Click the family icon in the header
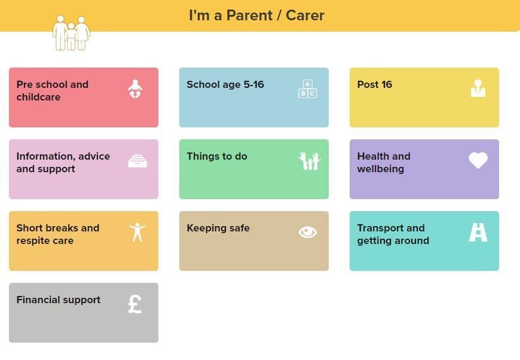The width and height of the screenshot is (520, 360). (x=71, y=33)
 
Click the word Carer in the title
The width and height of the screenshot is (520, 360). (x=305, y=16)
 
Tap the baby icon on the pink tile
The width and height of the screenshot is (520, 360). (x=135, y=89)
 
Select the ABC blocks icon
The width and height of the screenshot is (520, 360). (x=307, y=89)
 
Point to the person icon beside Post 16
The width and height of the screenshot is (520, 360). (x=478, y=89)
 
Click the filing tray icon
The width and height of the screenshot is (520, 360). (x=137, y=161)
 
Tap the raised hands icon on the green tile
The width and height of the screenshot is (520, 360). (x=310, y=161)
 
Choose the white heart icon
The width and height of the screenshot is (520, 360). (x=478, y=160)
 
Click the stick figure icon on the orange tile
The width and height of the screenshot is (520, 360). (x=137, y=232)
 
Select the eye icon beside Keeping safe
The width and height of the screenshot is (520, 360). (x=308, y=232)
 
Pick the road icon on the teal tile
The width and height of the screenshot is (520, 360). (x=478, y=232)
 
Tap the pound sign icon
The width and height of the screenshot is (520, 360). (x=135, y=304)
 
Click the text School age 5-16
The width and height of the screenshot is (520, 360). (x=225, y=84)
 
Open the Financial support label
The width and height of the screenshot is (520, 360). (x=59, y=300)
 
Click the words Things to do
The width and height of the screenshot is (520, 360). (x=217, y=156)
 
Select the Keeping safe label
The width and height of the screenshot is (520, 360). (x=218, y=228)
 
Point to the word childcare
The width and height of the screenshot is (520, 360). (x=38, y=97)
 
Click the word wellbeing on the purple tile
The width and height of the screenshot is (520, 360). (x=380, y=169)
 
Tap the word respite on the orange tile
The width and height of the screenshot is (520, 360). (x=29, y=241)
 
